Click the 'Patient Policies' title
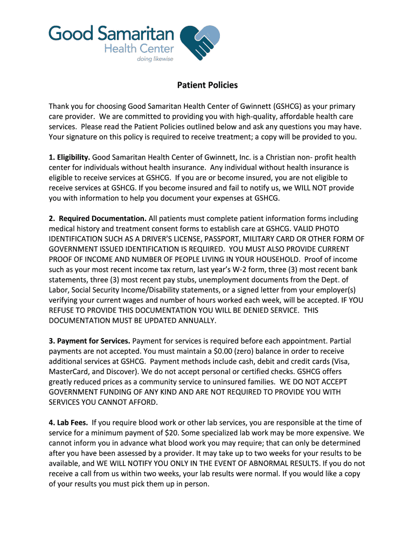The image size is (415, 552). coord(207,85)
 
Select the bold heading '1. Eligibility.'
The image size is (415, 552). coord(69,157)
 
